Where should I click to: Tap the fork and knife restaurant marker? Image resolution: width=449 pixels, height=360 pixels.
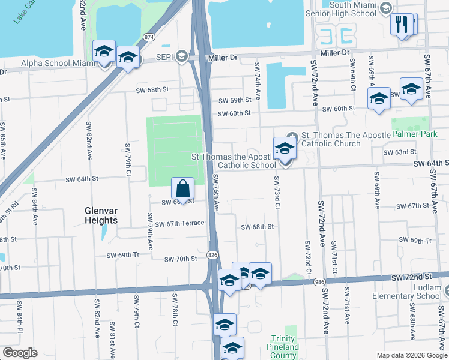click(400, 25)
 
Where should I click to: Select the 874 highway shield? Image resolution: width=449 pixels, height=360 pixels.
click(149, 37)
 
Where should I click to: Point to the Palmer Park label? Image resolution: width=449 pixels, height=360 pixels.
click(414, 135)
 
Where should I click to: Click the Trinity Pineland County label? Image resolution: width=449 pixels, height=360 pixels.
click(283, 347)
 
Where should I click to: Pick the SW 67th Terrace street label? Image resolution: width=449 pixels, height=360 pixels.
click(179, 224)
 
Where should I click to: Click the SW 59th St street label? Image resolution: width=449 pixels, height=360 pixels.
click(234, 101)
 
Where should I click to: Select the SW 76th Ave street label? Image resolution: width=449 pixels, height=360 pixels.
click(215, 192)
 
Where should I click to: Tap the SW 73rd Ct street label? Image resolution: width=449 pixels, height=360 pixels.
click(277, 192)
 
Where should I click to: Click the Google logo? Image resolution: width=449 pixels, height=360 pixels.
click(20, 353)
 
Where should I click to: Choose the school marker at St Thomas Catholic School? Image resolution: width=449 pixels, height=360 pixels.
click(285, 149)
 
